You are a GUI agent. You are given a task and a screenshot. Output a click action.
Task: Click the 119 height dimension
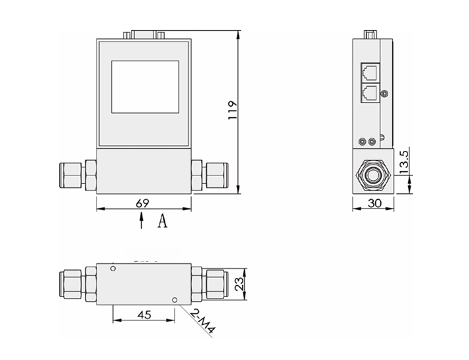(x=232, y=110)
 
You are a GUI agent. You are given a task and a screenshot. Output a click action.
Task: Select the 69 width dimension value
(x=142, y=203)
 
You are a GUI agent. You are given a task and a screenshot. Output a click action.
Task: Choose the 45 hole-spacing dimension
(x=143, y=315)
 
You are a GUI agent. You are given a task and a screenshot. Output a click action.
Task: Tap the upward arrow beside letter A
(x=142, y=222)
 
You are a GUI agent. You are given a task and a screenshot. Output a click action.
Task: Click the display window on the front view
(x=145, y=86)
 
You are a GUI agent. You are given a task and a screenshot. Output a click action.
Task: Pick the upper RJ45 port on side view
(x=370, y=71)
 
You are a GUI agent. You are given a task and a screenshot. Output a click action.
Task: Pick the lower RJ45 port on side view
(x=370, y=91)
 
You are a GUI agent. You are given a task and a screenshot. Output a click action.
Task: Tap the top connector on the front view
(x=146, y=32)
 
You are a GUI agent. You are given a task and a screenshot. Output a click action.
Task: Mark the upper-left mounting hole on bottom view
(x=114, y=269)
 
